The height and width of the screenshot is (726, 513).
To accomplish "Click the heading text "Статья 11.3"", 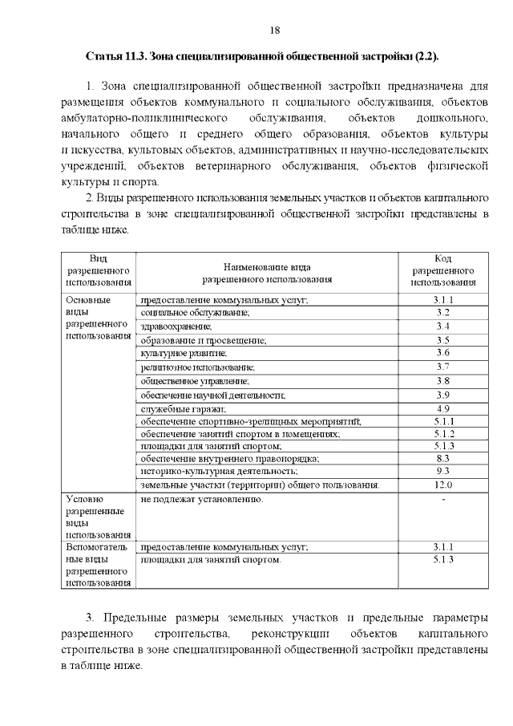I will (x=116, y=57).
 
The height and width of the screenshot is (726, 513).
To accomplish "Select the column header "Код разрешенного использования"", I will (x=443, y=270).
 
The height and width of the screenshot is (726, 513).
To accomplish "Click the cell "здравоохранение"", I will (x=176, y=326).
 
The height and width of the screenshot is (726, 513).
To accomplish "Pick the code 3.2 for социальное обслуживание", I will (x=443, y=313).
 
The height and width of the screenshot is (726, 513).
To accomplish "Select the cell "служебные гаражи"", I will (x=178, y=408).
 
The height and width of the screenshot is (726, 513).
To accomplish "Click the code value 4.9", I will (x=443, y=408).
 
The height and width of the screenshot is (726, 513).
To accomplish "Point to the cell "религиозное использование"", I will (x=197, y=367).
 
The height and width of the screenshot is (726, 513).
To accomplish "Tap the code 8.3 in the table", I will (x=443, y=458).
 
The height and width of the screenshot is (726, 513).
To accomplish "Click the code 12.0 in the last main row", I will (x=443, y=485).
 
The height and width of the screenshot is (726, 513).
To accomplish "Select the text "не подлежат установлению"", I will (x=201, y=500).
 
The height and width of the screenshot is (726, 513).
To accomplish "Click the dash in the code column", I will (x=443, y=500).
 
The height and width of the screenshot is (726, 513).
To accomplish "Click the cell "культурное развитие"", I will (x=184, y=353).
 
